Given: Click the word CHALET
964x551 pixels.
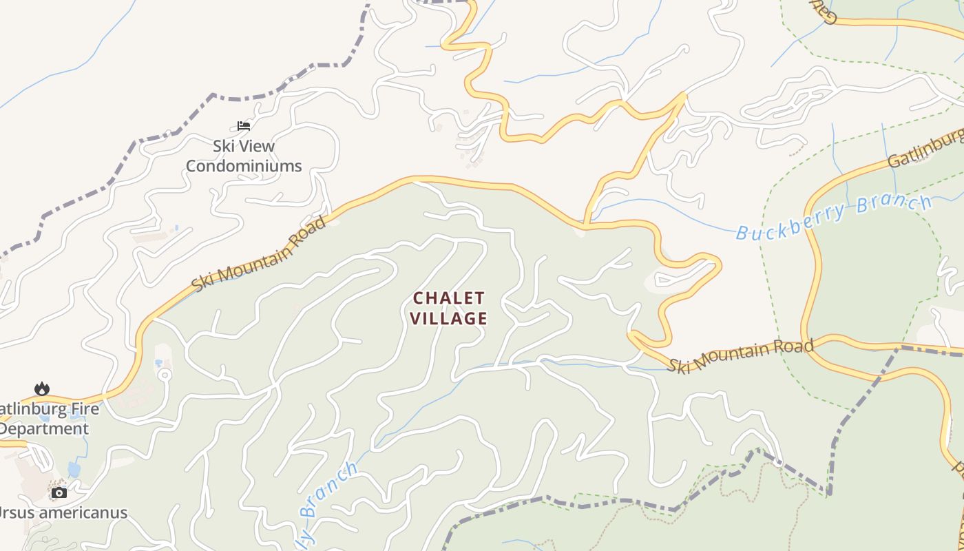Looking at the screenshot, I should coord(449,298).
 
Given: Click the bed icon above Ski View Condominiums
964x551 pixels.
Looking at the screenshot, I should coord(243,126).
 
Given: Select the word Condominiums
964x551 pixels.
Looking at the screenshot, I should coord(244,166).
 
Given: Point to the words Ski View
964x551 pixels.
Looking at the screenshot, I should coord(244,146).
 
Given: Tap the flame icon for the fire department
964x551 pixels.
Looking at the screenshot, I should coord(42,389).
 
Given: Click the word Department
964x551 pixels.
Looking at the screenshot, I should coord(44,429).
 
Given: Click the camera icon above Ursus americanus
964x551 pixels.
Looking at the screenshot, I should coord(59,492).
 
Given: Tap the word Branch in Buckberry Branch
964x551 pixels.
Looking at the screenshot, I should coord(894,205).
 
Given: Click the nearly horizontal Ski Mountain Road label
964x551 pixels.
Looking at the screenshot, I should coord(740,355).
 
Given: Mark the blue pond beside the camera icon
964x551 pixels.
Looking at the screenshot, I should coord(74,470).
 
